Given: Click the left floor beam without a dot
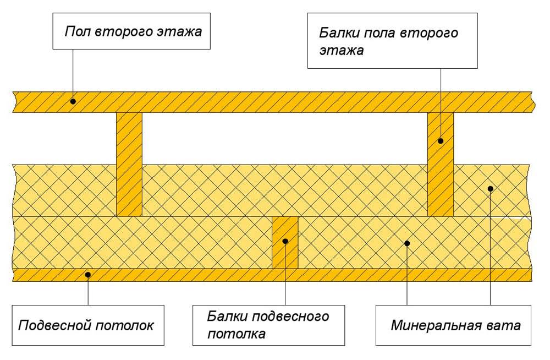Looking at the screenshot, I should (129, 164).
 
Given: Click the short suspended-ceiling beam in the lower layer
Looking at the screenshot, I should (285, 243).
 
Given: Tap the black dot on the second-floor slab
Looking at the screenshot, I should (73, 101).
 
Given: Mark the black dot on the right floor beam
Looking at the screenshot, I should (441, 141).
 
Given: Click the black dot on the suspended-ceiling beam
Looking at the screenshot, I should (285, 241).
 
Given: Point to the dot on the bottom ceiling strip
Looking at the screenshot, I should (88, 274).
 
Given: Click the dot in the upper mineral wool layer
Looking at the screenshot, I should (490, 189).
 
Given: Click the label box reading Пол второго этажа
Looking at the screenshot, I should (132, 32).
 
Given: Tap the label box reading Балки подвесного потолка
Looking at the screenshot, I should (269, 325).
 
